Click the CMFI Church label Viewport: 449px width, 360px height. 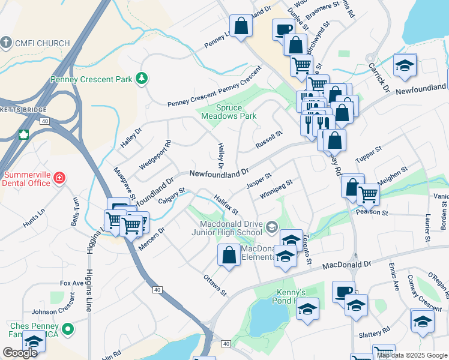[43, 43]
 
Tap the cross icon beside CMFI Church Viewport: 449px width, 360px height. [7, 43]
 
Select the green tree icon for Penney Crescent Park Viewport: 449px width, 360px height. [142, 78]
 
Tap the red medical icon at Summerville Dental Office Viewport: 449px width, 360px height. [59, 178]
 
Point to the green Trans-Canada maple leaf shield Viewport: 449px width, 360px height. [24, 134]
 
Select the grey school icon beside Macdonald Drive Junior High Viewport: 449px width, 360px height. [272, 226]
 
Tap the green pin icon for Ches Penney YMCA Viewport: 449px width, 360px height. [68, 329]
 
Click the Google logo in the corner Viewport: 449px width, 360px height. [20, 353]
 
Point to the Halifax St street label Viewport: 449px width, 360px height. [226, 204]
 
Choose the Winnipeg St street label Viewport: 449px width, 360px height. [276, 190]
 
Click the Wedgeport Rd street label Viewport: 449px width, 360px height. [155, 153]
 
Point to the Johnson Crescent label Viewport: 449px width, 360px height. [52, 311]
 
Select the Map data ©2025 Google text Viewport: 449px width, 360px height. [411, 355]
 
